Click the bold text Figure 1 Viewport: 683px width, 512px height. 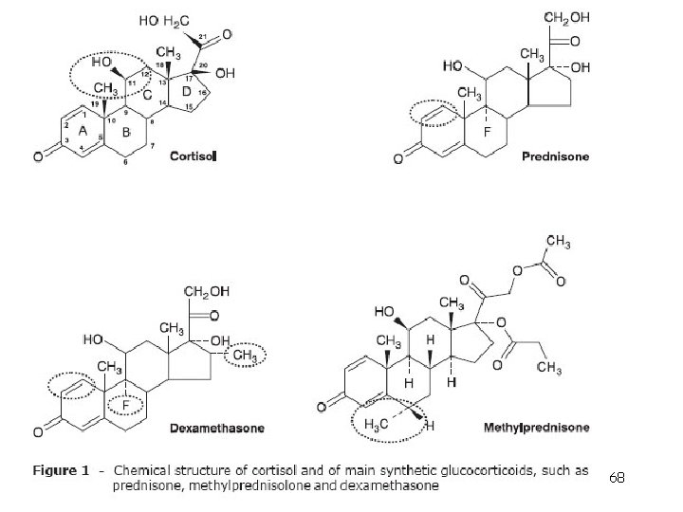click(x=63, y=471)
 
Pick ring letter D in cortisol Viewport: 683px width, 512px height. click(x=186, y=91)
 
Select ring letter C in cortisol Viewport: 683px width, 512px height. click(x=148, y=95)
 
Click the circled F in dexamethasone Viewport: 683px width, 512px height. click(x=126, y=405)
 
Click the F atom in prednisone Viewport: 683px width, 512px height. click(x=486, y=133)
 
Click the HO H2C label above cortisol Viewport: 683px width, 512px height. click(x=165, y=20)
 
